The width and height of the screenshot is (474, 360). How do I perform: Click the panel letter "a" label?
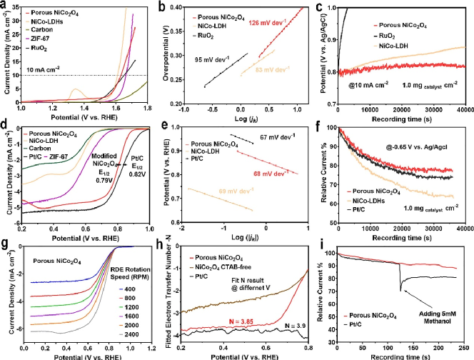coord(4,6)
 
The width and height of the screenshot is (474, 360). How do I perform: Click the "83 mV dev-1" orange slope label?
coord(272,69)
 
